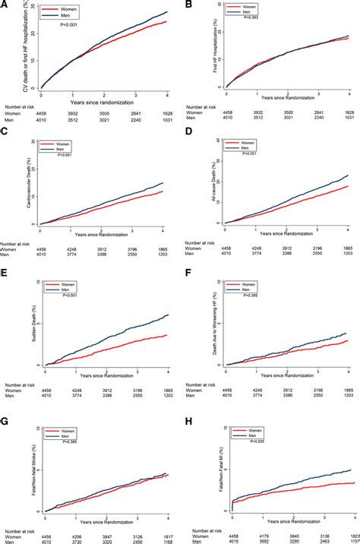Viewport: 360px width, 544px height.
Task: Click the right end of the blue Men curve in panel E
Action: coord(168,293)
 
